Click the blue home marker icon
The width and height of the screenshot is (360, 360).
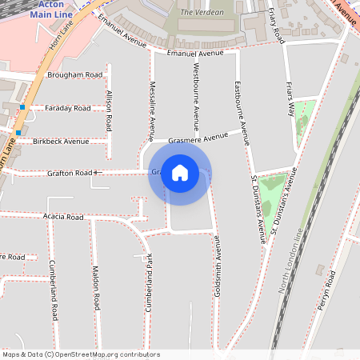pyautogui.click(x=180, y=172)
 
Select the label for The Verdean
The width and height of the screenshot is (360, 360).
pyautogui.click(x=197, y=13)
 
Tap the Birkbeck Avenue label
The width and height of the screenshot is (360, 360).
pyautogui.click(x=61, y=141)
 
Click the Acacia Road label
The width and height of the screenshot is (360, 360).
pyautogui.click(x=64, y=217)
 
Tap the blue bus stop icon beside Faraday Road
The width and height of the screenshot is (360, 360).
pyautogui.click(x=23, y=107)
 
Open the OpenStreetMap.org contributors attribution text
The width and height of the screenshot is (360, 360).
pyautogui.click(x=104, y=354)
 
